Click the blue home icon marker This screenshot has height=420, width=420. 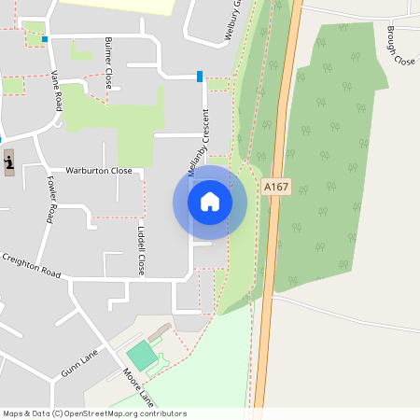point(210,202)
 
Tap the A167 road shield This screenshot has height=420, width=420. point(276,187)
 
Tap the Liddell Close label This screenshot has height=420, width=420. point(141,249)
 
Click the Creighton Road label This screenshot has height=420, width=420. point(30,265)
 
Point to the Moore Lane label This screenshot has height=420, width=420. point(138,385)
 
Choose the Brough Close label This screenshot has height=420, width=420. point(399,46)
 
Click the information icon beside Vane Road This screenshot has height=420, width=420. point(8,163)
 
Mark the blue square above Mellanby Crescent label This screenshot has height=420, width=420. point(200,76)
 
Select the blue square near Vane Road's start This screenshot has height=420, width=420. point(45,39)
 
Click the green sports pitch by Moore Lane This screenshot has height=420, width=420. point(142,355)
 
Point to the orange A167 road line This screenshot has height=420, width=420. point(268,280)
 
